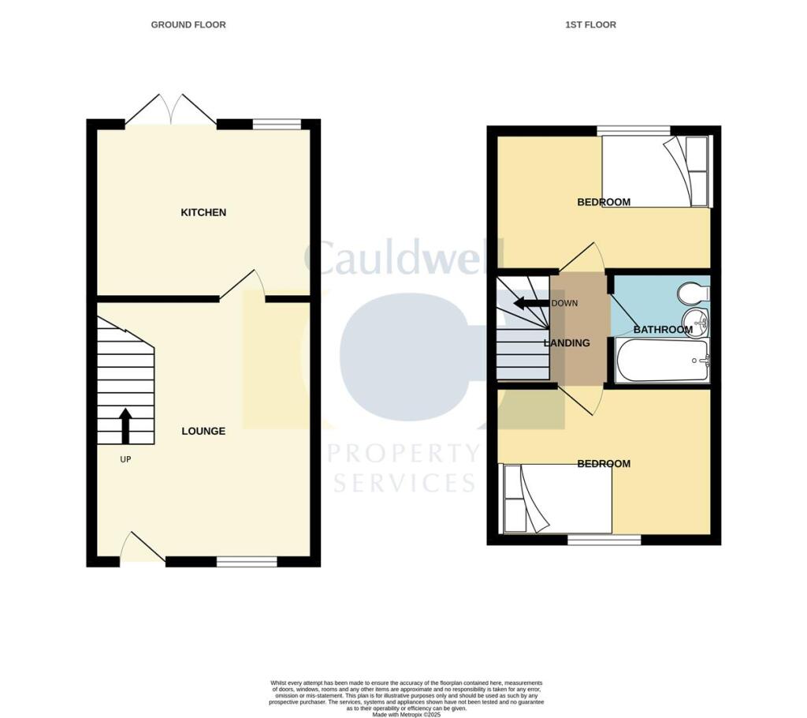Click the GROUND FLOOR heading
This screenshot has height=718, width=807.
[188, 24]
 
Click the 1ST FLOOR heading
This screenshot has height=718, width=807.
[590, 24]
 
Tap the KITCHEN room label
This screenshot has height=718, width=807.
[203, 212]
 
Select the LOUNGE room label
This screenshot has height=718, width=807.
[203, 431]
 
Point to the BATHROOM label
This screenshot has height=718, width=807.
[663, 329]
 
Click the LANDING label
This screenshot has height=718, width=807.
[567, 342]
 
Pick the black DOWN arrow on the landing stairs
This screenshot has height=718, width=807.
[530, 303]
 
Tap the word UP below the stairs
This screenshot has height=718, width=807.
[125, 458]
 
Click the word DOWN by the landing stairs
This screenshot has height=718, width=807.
[564, 303]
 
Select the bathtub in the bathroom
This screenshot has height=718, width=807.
[662, 361]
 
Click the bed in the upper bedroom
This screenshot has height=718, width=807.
[656, 171]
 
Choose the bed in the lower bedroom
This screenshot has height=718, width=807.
[556, 499]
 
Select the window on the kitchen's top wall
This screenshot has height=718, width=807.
[277, 124]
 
